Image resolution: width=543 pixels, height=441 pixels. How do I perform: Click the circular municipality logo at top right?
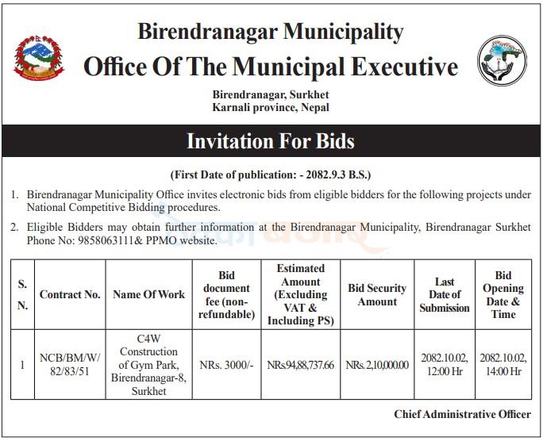click(x=502, y=61)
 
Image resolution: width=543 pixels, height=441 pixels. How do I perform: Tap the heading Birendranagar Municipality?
click(x=271, y=32)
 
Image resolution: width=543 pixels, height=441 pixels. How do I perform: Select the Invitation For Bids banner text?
click(x=271, y=141)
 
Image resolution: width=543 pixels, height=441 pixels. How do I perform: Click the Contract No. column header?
click(x=70, y=295)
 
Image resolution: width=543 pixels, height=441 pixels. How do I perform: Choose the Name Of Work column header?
click(x=148, y=295)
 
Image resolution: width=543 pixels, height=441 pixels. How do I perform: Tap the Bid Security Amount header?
click(x=377, y=295)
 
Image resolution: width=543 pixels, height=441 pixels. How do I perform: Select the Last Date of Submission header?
click(x=445, y=295)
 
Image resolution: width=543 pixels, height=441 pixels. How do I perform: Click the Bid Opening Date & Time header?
click(x=503, y=295)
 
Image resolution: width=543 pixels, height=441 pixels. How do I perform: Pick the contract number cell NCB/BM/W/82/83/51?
click(x=70, y=364)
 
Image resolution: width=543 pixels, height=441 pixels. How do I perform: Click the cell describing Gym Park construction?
click(x=148, y=364)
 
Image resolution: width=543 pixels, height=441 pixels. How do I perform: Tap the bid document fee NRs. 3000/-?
click(x=226, y=364)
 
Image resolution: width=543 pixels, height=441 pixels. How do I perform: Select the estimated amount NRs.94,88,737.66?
click(x=301, y=365)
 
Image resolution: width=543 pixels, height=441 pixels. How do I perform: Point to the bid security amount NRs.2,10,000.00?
click(x=377, y=365)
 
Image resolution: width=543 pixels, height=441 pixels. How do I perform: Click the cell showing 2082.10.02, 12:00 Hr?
click(x=445, y=364)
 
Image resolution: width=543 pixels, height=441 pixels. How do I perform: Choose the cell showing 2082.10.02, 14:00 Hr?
click(x=503, y=364)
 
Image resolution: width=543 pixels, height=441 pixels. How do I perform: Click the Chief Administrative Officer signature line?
click(x=462, y=414)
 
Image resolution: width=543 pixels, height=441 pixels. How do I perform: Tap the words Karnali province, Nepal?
click(x=271, y=107)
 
